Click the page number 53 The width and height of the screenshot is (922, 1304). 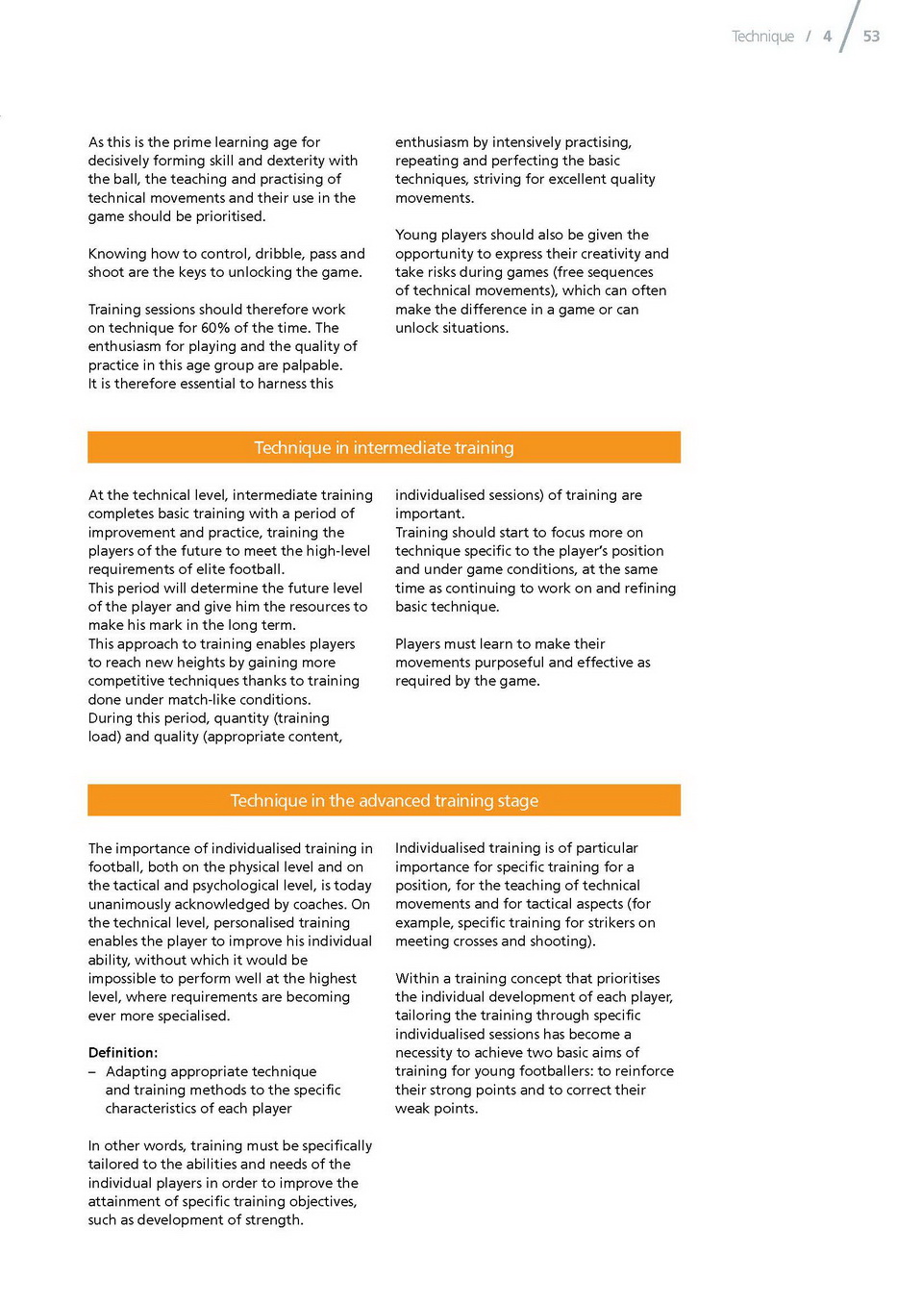click(871, 37)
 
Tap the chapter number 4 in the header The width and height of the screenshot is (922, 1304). click(827, 37)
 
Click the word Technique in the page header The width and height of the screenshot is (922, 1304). click(762, 37)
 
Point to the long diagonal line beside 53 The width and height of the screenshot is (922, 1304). click(849, 26)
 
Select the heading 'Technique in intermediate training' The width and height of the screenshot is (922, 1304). click(384, 448)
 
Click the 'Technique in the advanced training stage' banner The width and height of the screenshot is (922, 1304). click(384, 801)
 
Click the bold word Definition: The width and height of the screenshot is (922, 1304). click(123, 1053)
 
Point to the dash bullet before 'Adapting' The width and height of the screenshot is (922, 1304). click(92, 1072)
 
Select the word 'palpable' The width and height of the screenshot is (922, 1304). click(311, 365)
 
